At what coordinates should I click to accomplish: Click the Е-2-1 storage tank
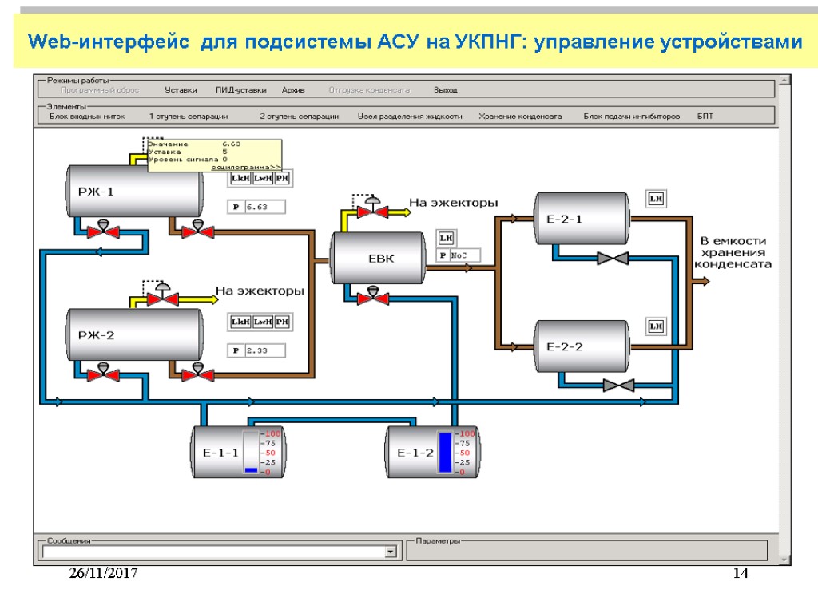pos(564,219)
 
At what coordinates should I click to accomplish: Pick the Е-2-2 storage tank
pos(564,346)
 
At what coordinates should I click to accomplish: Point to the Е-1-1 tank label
pos(220,453)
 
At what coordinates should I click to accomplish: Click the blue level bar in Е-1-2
pos(445,453)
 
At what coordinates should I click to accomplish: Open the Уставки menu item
pos(181,90)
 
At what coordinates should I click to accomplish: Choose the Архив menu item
pos(293,90)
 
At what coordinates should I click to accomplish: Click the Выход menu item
pos(445,90)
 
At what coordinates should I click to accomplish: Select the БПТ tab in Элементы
pos(705,117)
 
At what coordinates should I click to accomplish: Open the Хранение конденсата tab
pos(520,117)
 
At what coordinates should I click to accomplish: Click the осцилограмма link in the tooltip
pos(246,167)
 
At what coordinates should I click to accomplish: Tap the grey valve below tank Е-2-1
pos(613,258)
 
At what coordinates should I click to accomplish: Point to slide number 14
pos(741,573)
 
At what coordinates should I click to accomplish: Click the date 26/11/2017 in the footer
pos(104,573)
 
